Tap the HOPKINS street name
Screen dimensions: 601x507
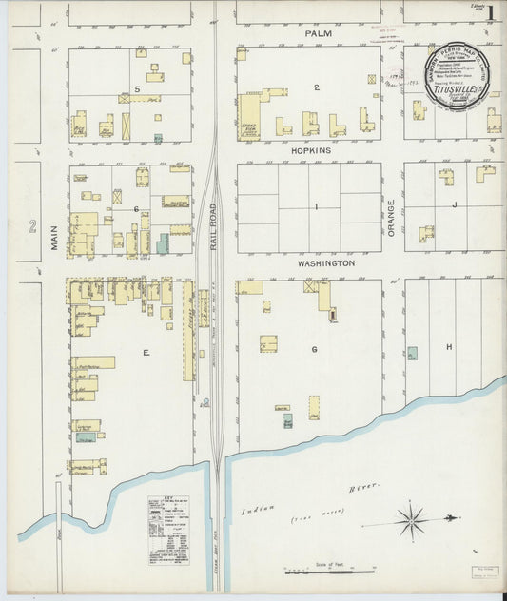310,150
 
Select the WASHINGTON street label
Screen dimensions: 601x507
326,262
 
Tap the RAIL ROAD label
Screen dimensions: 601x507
216,224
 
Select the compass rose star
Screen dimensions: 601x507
412,520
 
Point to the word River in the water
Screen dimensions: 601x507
363,488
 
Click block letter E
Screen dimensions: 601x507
146,353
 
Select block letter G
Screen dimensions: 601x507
313,349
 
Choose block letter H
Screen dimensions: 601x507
448,347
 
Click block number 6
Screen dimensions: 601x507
137,208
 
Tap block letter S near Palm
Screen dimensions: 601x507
137,88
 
